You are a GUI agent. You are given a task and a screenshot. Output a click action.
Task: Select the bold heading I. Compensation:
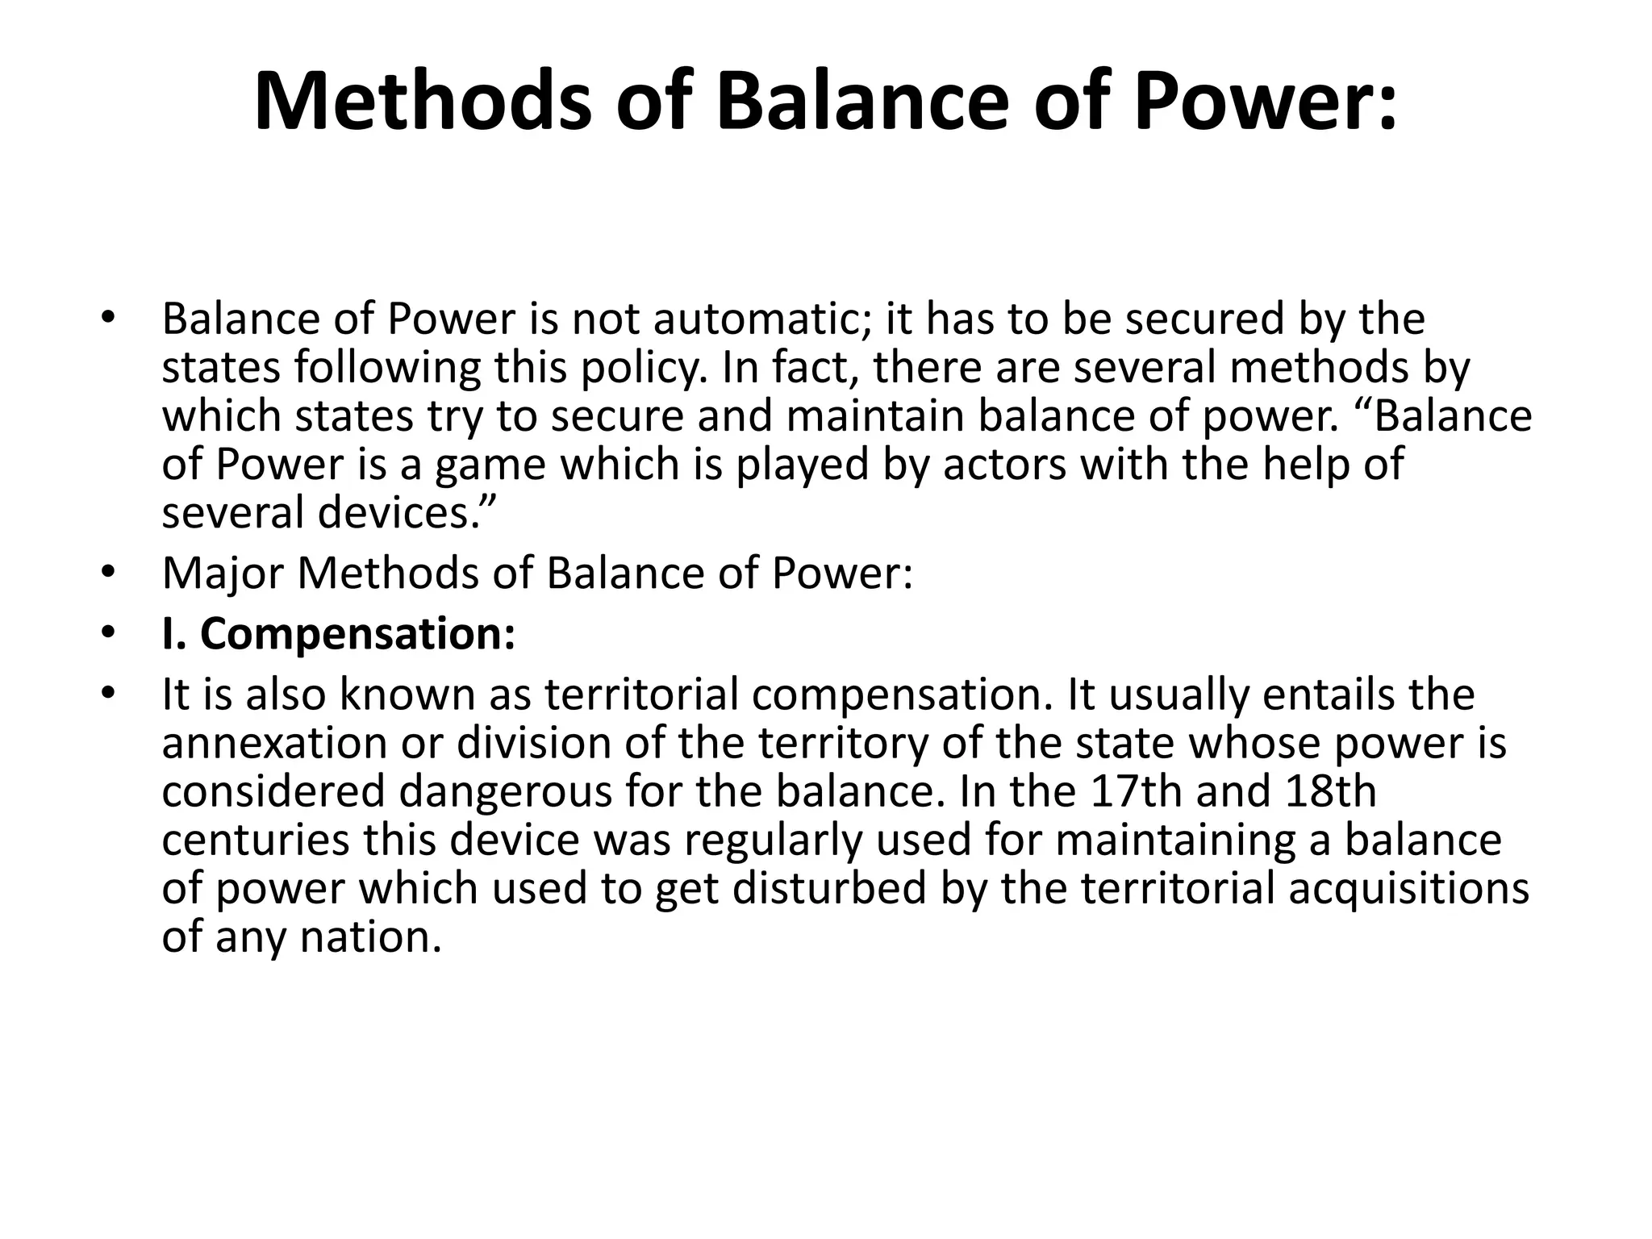point(338,634)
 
